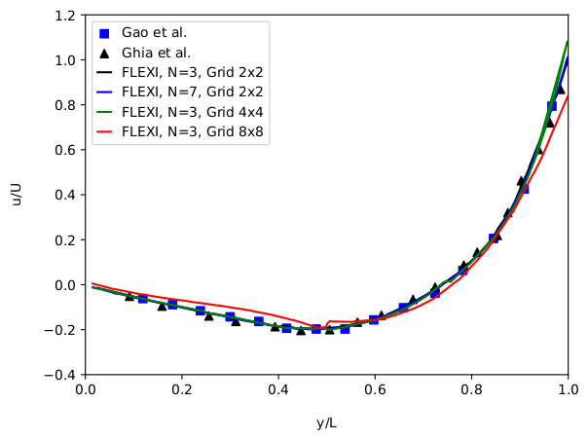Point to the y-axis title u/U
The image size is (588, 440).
point(17,195)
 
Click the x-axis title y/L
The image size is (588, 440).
point(326,422)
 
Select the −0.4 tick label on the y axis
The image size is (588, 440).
point(63,375)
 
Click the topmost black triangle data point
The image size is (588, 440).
point(560,89)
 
